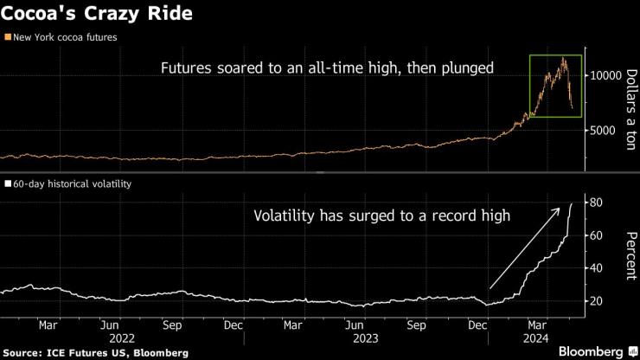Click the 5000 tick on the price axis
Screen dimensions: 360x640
(602, 131)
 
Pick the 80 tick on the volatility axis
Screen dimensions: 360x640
(596, 202)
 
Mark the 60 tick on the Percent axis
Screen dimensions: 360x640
(596, 235)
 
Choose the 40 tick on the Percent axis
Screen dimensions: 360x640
(596, 268)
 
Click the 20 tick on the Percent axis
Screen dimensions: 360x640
(596, 301)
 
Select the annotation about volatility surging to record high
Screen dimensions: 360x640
(381, 216)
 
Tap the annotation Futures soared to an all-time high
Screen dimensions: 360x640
(327, 67)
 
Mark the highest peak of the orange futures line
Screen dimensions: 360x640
(564, 58)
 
